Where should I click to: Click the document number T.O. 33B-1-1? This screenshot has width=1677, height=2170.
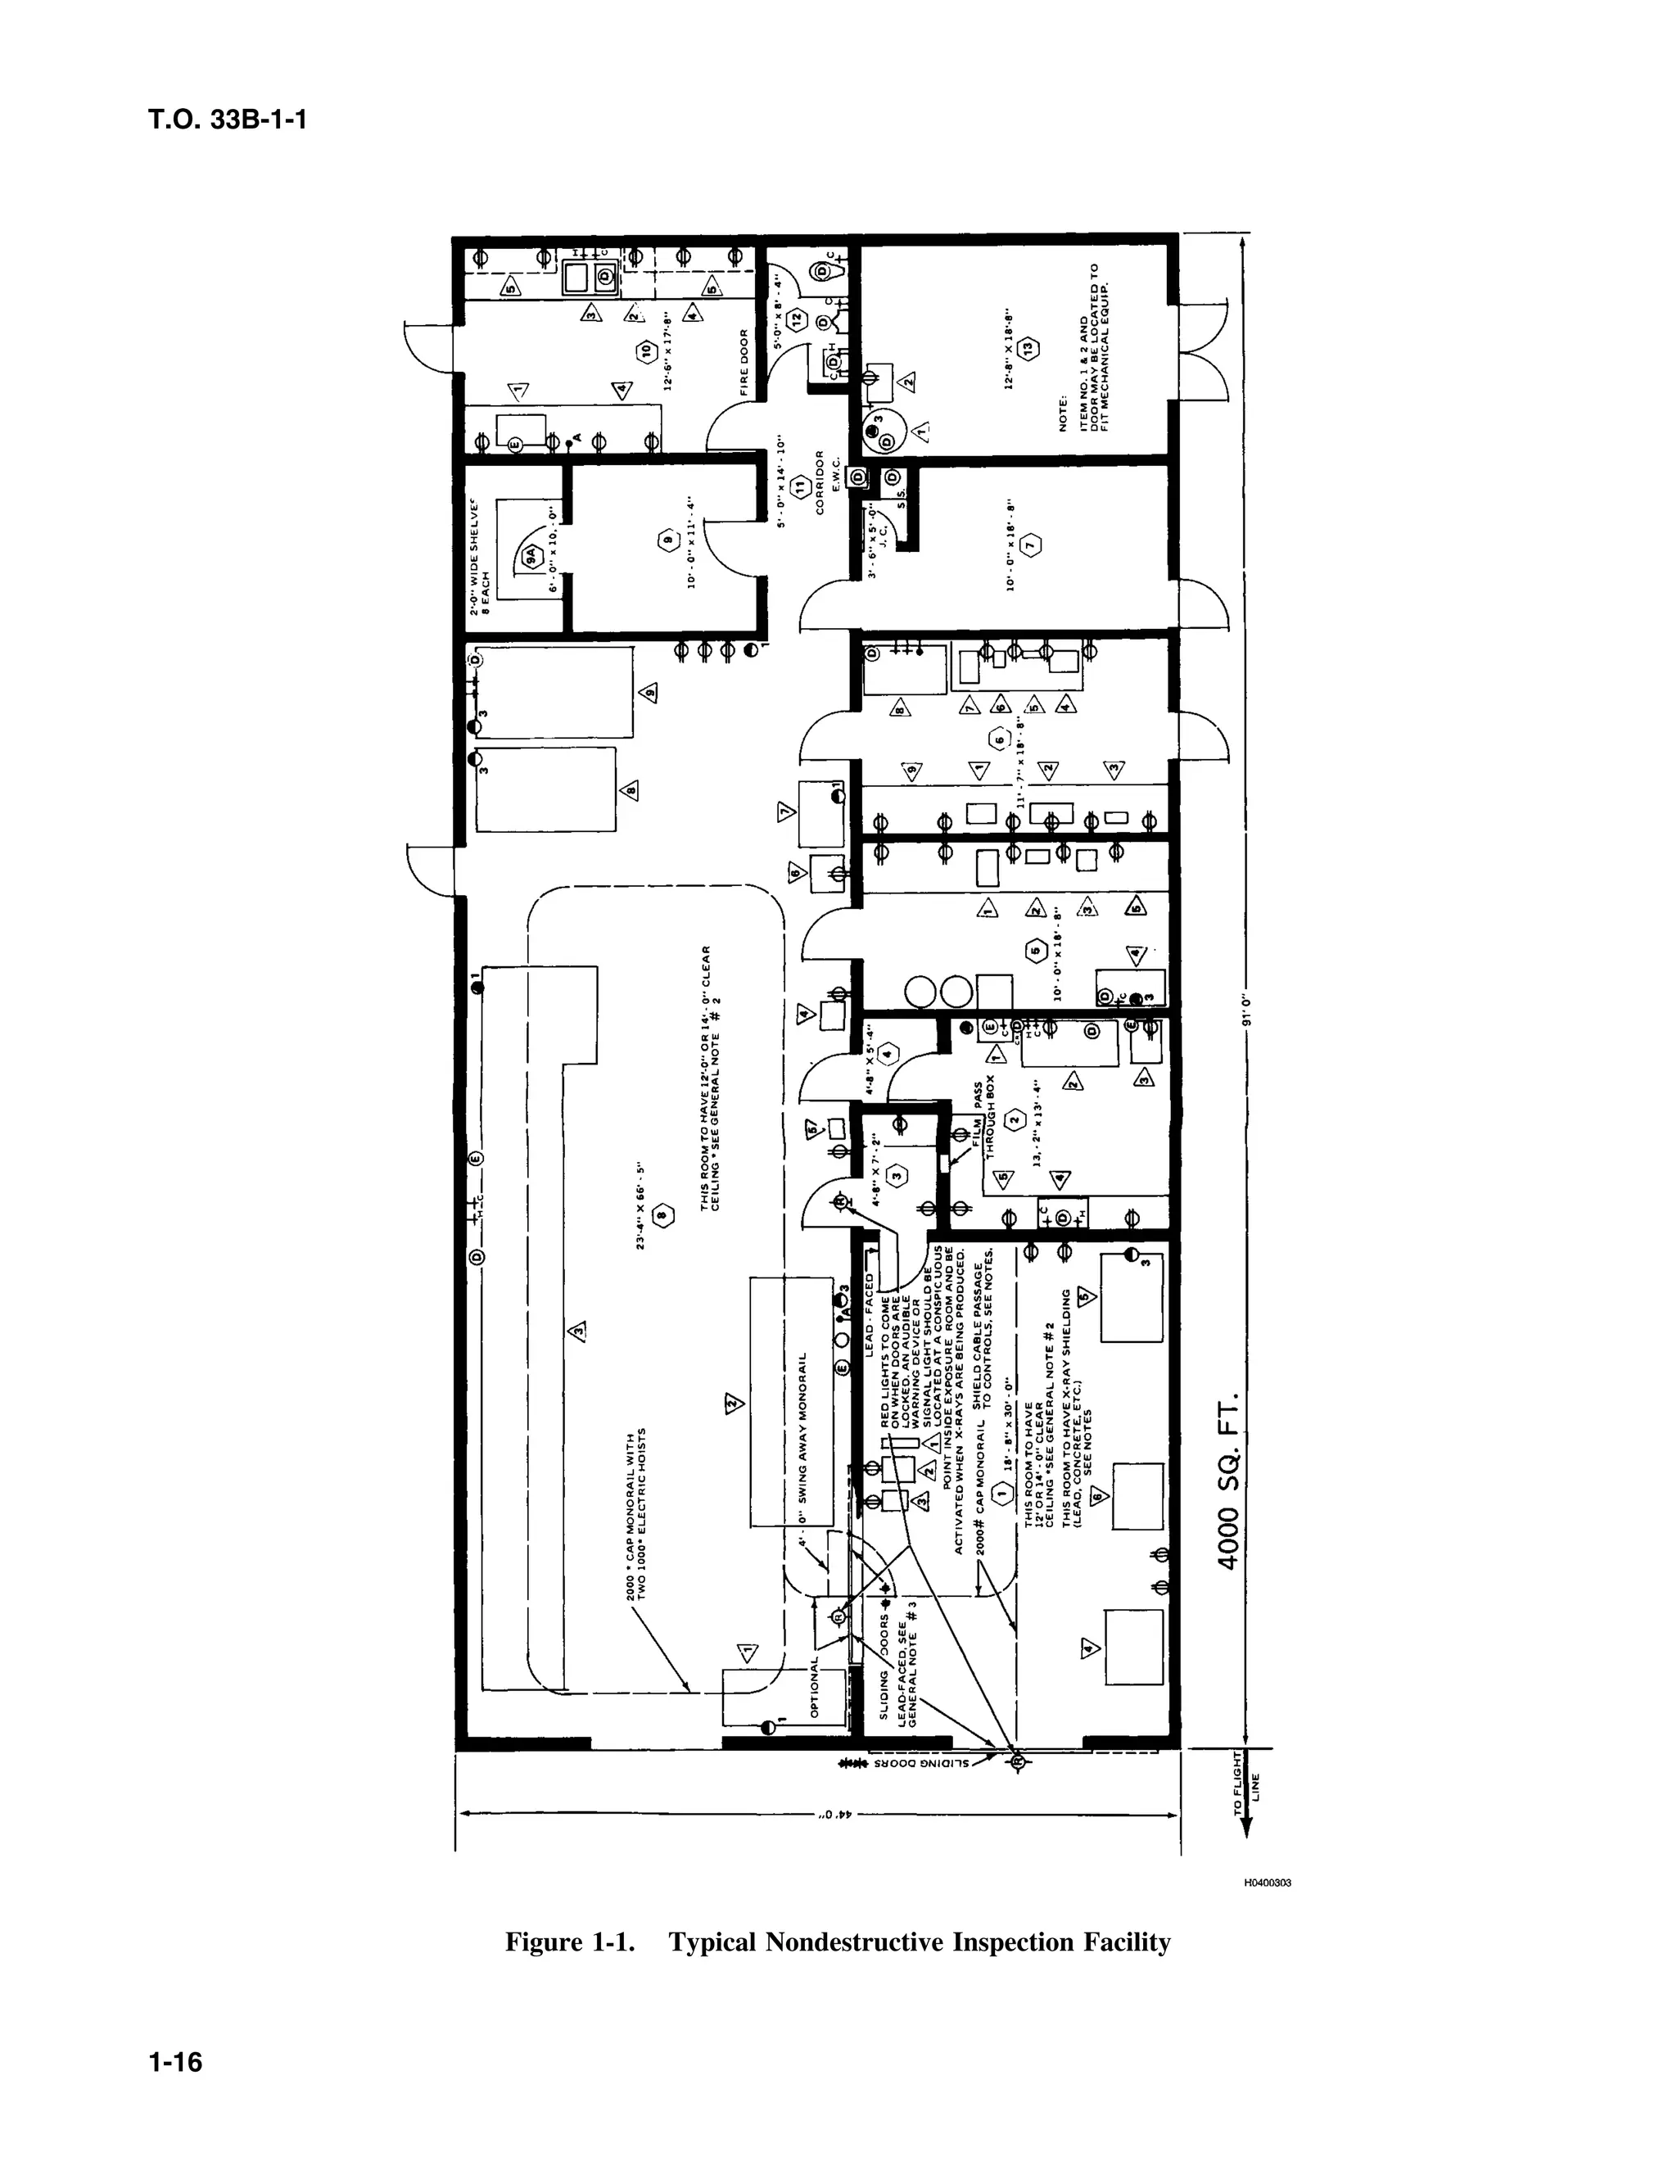pyautogui.click(x=228, y=120)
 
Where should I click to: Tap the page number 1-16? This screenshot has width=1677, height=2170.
pyautogui.click(x=175, y=2062)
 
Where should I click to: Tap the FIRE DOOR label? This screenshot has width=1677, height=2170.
pyautogui.click(x=744, y=363)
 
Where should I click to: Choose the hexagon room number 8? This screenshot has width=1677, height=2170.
pyautogui.click(x=663, y=1214)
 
